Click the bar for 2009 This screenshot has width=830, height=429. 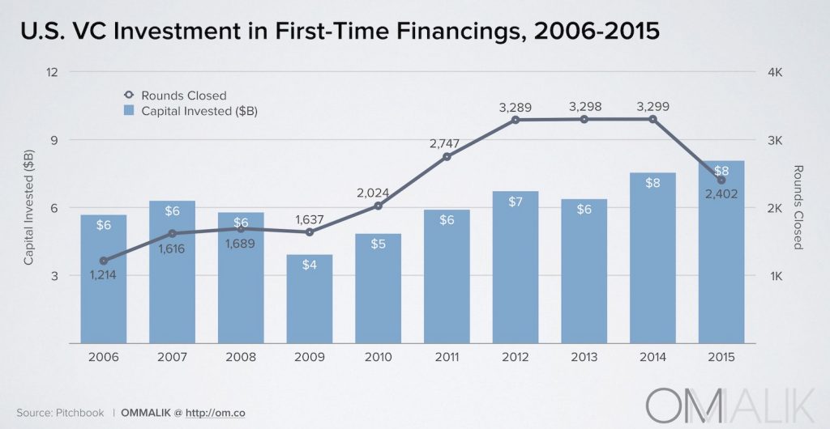click(310, 299)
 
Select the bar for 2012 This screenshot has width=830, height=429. click(516, 267)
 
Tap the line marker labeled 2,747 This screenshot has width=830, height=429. click(447, 156)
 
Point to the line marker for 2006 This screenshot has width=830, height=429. click(103, 261)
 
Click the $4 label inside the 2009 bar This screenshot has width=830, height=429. click(310, 265)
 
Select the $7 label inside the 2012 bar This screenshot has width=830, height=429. click(516, 202)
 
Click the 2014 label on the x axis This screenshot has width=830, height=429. click(652, 357)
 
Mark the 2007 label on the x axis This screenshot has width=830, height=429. click(172, 357)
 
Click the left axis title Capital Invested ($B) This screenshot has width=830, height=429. click(28, 207)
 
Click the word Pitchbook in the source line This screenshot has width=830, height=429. click(79, 413)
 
